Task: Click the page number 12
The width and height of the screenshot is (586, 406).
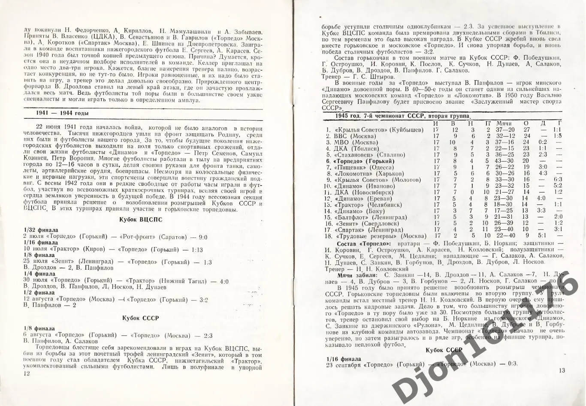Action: (27, 374)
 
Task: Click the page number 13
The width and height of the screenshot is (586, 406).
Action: (562, 370)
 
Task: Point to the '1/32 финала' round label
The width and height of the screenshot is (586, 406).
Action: (41, 230)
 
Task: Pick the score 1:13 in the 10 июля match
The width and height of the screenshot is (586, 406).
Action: (196, 249)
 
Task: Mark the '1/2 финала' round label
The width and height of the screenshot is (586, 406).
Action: (39, 292)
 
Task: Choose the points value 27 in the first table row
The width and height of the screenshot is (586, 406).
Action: (526, 129)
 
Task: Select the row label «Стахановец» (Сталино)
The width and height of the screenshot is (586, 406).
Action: (369, 155)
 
